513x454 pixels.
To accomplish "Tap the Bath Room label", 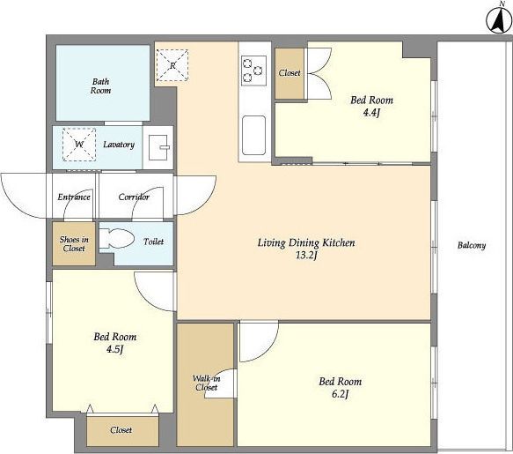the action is (x=100, y=86).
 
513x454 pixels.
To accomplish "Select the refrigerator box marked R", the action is (x=172, y=65).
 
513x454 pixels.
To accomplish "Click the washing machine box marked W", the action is (x=79, y=145).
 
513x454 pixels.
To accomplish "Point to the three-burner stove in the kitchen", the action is (x=253, y=71).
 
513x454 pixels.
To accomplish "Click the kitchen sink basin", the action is (x=253, y=135).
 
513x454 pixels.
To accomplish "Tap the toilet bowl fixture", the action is (x=116, y=238).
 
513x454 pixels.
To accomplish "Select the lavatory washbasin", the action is (x=158, y=147).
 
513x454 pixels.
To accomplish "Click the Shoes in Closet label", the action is (x=74, y=244).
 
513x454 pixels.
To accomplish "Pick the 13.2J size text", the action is (x=306, y=256).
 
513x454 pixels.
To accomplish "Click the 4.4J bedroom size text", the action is (x=371, y=113).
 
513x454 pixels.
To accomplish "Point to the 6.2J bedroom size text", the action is (x=340, y=394).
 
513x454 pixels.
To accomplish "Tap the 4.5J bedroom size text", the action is (x=114, y=349).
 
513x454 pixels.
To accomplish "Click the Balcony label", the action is (x=472, y=245).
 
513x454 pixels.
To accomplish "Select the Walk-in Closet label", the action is (x=207, y=383).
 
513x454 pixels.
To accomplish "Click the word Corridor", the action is (x=134, y=197).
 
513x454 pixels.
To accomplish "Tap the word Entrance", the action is (x=74, y=197).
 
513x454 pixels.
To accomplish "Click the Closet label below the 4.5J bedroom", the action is (x=121, y=429).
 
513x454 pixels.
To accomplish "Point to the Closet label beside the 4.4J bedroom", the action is (x=289, y=73).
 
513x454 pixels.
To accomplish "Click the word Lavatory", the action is (x=119, y=145).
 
